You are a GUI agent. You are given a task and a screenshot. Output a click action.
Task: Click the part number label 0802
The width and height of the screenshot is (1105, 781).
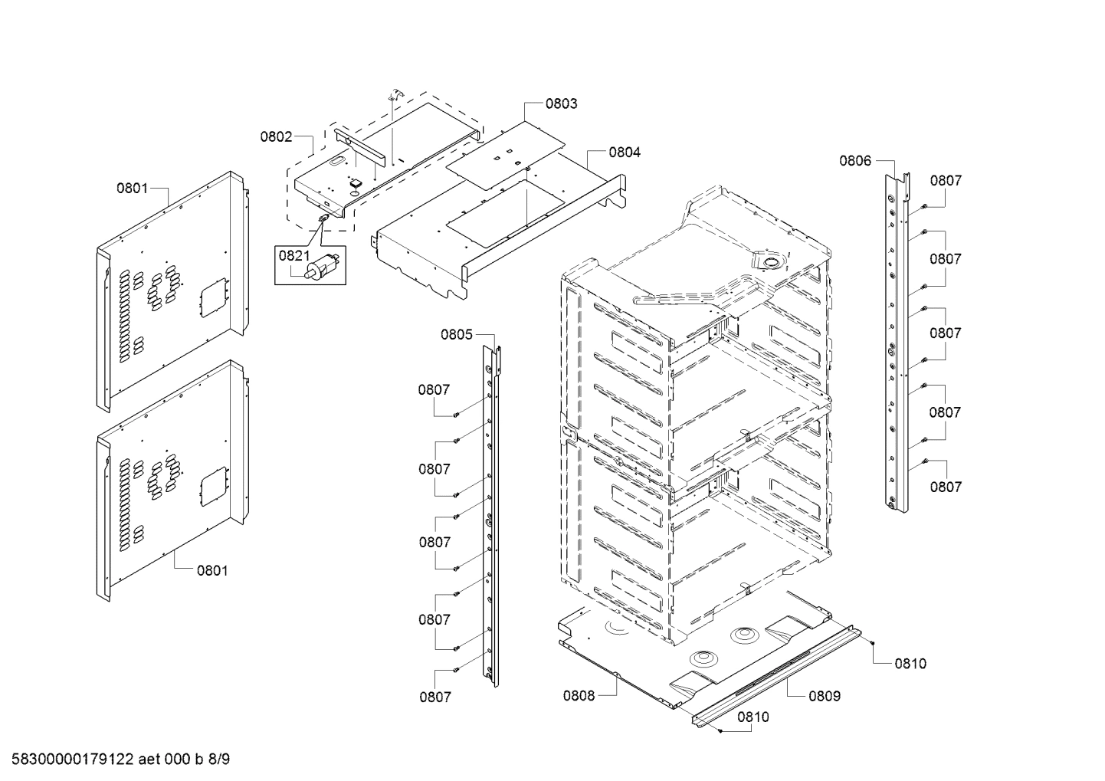click(x=276, y=137)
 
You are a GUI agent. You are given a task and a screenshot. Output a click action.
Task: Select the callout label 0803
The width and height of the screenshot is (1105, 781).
click(x=561, y=103)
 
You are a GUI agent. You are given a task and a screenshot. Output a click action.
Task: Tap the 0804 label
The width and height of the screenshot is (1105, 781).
click(x=625, y=153)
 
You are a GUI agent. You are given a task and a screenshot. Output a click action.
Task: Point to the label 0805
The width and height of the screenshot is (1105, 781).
click(x=456, y=334)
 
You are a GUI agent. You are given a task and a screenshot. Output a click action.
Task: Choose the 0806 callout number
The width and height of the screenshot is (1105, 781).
click(x=854, y=161)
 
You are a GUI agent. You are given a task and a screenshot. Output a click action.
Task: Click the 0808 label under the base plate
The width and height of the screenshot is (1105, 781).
click(x=579, y=696)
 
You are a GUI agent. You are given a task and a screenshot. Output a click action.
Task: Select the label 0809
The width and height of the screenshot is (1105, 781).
click(x=825, y=696)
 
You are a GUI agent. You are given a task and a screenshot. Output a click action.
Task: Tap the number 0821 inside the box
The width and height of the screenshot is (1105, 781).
click(x=294, y=256)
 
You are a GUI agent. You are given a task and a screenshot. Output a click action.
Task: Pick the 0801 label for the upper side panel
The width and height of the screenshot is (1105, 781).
click(x=132, y=188)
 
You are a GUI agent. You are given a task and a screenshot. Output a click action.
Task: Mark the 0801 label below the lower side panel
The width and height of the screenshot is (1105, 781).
click(x=212, y=570)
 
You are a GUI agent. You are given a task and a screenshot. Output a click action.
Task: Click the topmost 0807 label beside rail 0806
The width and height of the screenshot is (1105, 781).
click(x=946, y=181)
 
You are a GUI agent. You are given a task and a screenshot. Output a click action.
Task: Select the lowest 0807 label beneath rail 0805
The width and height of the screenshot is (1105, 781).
click(x=434, y=697)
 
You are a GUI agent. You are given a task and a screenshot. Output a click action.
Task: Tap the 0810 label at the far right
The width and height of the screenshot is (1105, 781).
click(x=910, y=664)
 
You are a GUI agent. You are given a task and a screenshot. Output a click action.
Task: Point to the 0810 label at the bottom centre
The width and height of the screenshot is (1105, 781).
click(x=753, y=717)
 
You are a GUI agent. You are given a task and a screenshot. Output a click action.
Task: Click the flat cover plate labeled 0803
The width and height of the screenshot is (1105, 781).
click(x=506, y=153)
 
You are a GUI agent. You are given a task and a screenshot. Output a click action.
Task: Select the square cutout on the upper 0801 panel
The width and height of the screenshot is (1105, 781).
click(x=211, y=297)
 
